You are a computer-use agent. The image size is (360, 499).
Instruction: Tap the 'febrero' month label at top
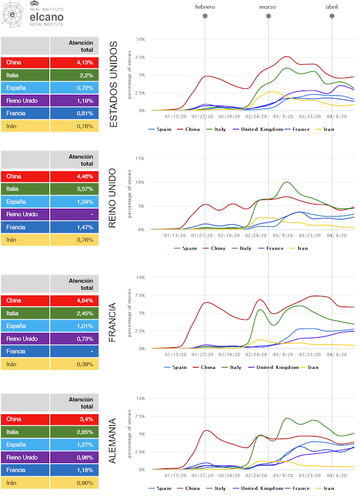205,7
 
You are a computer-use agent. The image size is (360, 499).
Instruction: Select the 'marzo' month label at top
268,7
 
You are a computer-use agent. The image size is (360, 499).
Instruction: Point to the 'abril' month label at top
332,7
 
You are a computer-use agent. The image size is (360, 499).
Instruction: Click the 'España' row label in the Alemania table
25,445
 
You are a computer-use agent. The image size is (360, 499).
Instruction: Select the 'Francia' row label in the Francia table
25,351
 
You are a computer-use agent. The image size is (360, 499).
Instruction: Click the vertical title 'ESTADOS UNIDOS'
113,84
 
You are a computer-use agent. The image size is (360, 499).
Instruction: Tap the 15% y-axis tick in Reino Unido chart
140,158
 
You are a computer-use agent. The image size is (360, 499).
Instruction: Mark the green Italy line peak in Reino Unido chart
287,182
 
